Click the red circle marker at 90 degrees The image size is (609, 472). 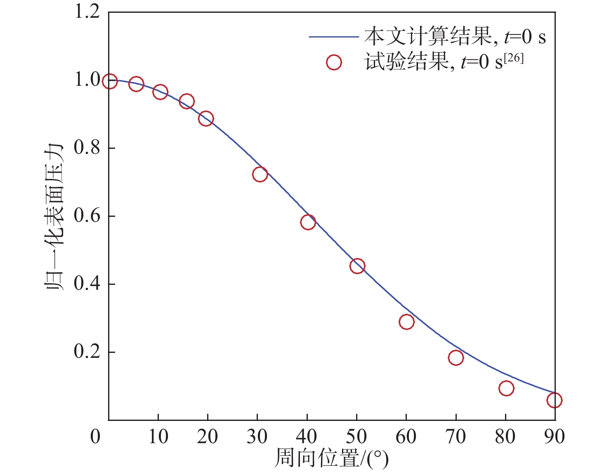click(x=554, y=400)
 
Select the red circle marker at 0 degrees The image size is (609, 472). click(x=109, y=81)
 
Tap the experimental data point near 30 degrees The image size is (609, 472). click(x=260, y=174)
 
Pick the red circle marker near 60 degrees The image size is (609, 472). click(x=406, y=322)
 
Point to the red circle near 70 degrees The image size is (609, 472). click(x=456, y=357)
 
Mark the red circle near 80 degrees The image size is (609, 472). click(x=506, y=388)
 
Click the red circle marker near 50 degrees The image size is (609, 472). click(x=357, y=266)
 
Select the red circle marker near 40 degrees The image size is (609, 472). click(x=308, y=222)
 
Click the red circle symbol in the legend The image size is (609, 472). click(x=333, y=63)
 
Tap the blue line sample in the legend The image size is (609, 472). click(x=333, y=37)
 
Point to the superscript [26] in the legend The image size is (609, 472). click(x=514, y=58)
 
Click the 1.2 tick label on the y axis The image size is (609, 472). click(x=87, y=12)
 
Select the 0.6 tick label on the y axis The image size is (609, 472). click(x=87, y=216)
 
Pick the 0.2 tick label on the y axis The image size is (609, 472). click(x=87, y=352)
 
